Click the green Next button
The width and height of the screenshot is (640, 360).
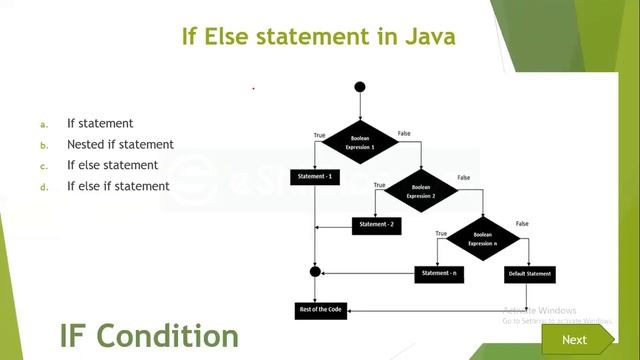[574, 339]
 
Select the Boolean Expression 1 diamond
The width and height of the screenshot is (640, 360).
[360, 141]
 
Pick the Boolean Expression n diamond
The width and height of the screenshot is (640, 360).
[482, 238]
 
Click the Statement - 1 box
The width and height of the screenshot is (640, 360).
[315, 177]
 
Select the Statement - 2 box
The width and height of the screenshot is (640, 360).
[376, 225]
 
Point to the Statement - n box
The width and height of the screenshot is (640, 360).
[440, 273]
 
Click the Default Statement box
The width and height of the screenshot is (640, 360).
[528, 273]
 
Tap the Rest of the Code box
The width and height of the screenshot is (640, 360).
[319, 310]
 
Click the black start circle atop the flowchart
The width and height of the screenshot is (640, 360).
[360, 87]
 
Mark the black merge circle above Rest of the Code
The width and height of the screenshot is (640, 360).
[315, 271]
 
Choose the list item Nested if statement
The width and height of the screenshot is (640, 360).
[120, 144]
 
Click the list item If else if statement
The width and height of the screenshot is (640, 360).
[118, 186]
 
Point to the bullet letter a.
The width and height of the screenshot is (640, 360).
[44, 124]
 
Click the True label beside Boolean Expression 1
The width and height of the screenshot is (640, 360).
[319, 134]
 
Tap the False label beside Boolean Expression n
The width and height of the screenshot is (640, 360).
[521, 223]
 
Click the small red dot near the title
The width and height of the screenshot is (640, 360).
[253, 88]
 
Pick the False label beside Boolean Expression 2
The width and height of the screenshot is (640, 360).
[464, 177]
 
